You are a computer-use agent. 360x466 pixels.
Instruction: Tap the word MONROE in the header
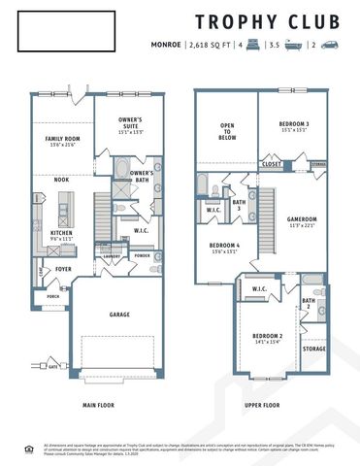(167, 46)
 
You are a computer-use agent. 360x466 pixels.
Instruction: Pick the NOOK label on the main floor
(61, 179)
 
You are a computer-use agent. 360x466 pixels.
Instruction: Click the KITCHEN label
(60, 234)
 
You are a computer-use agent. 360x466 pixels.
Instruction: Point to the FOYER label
(63, 269)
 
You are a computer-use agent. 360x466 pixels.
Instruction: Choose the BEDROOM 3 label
(294, 125)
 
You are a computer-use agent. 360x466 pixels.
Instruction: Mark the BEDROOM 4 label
(224, 247)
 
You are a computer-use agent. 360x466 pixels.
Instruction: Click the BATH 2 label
(308, 305)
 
